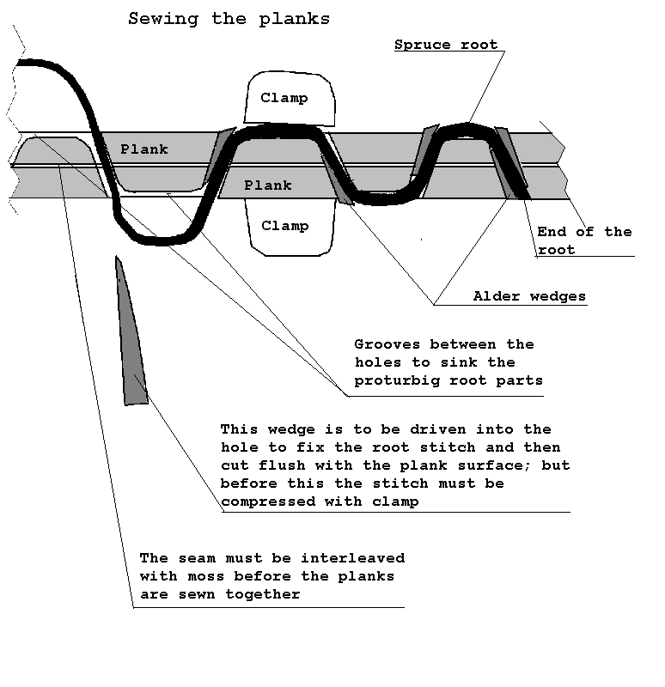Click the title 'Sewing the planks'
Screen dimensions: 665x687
pos(229,19)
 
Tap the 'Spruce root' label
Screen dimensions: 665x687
pos(446,45)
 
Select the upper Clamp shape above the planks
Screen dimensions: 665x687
pos(290,98)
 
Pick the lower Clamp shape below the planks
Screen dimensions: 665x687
pos(290,227)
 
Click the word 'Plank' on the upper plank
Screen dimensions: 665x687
pos(144,149)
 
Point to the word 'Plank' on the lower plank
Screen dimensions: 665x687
pos(268,185)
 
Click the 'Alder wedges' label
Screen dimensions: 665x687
pos(529,296)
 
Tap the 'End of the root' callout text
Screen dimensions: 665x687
pos(584,240)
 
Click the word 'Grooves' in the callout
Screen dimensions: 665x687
pos(387,344)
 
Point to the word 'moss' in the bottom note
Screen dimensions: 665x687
pos(205,576)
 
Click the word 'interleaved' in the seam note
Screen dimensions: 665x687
pos(352,558)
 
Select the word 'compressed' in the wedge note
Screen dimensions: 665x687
pos(268,502)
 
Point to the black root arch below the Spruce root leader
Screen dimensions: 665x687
pos(465,131)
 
